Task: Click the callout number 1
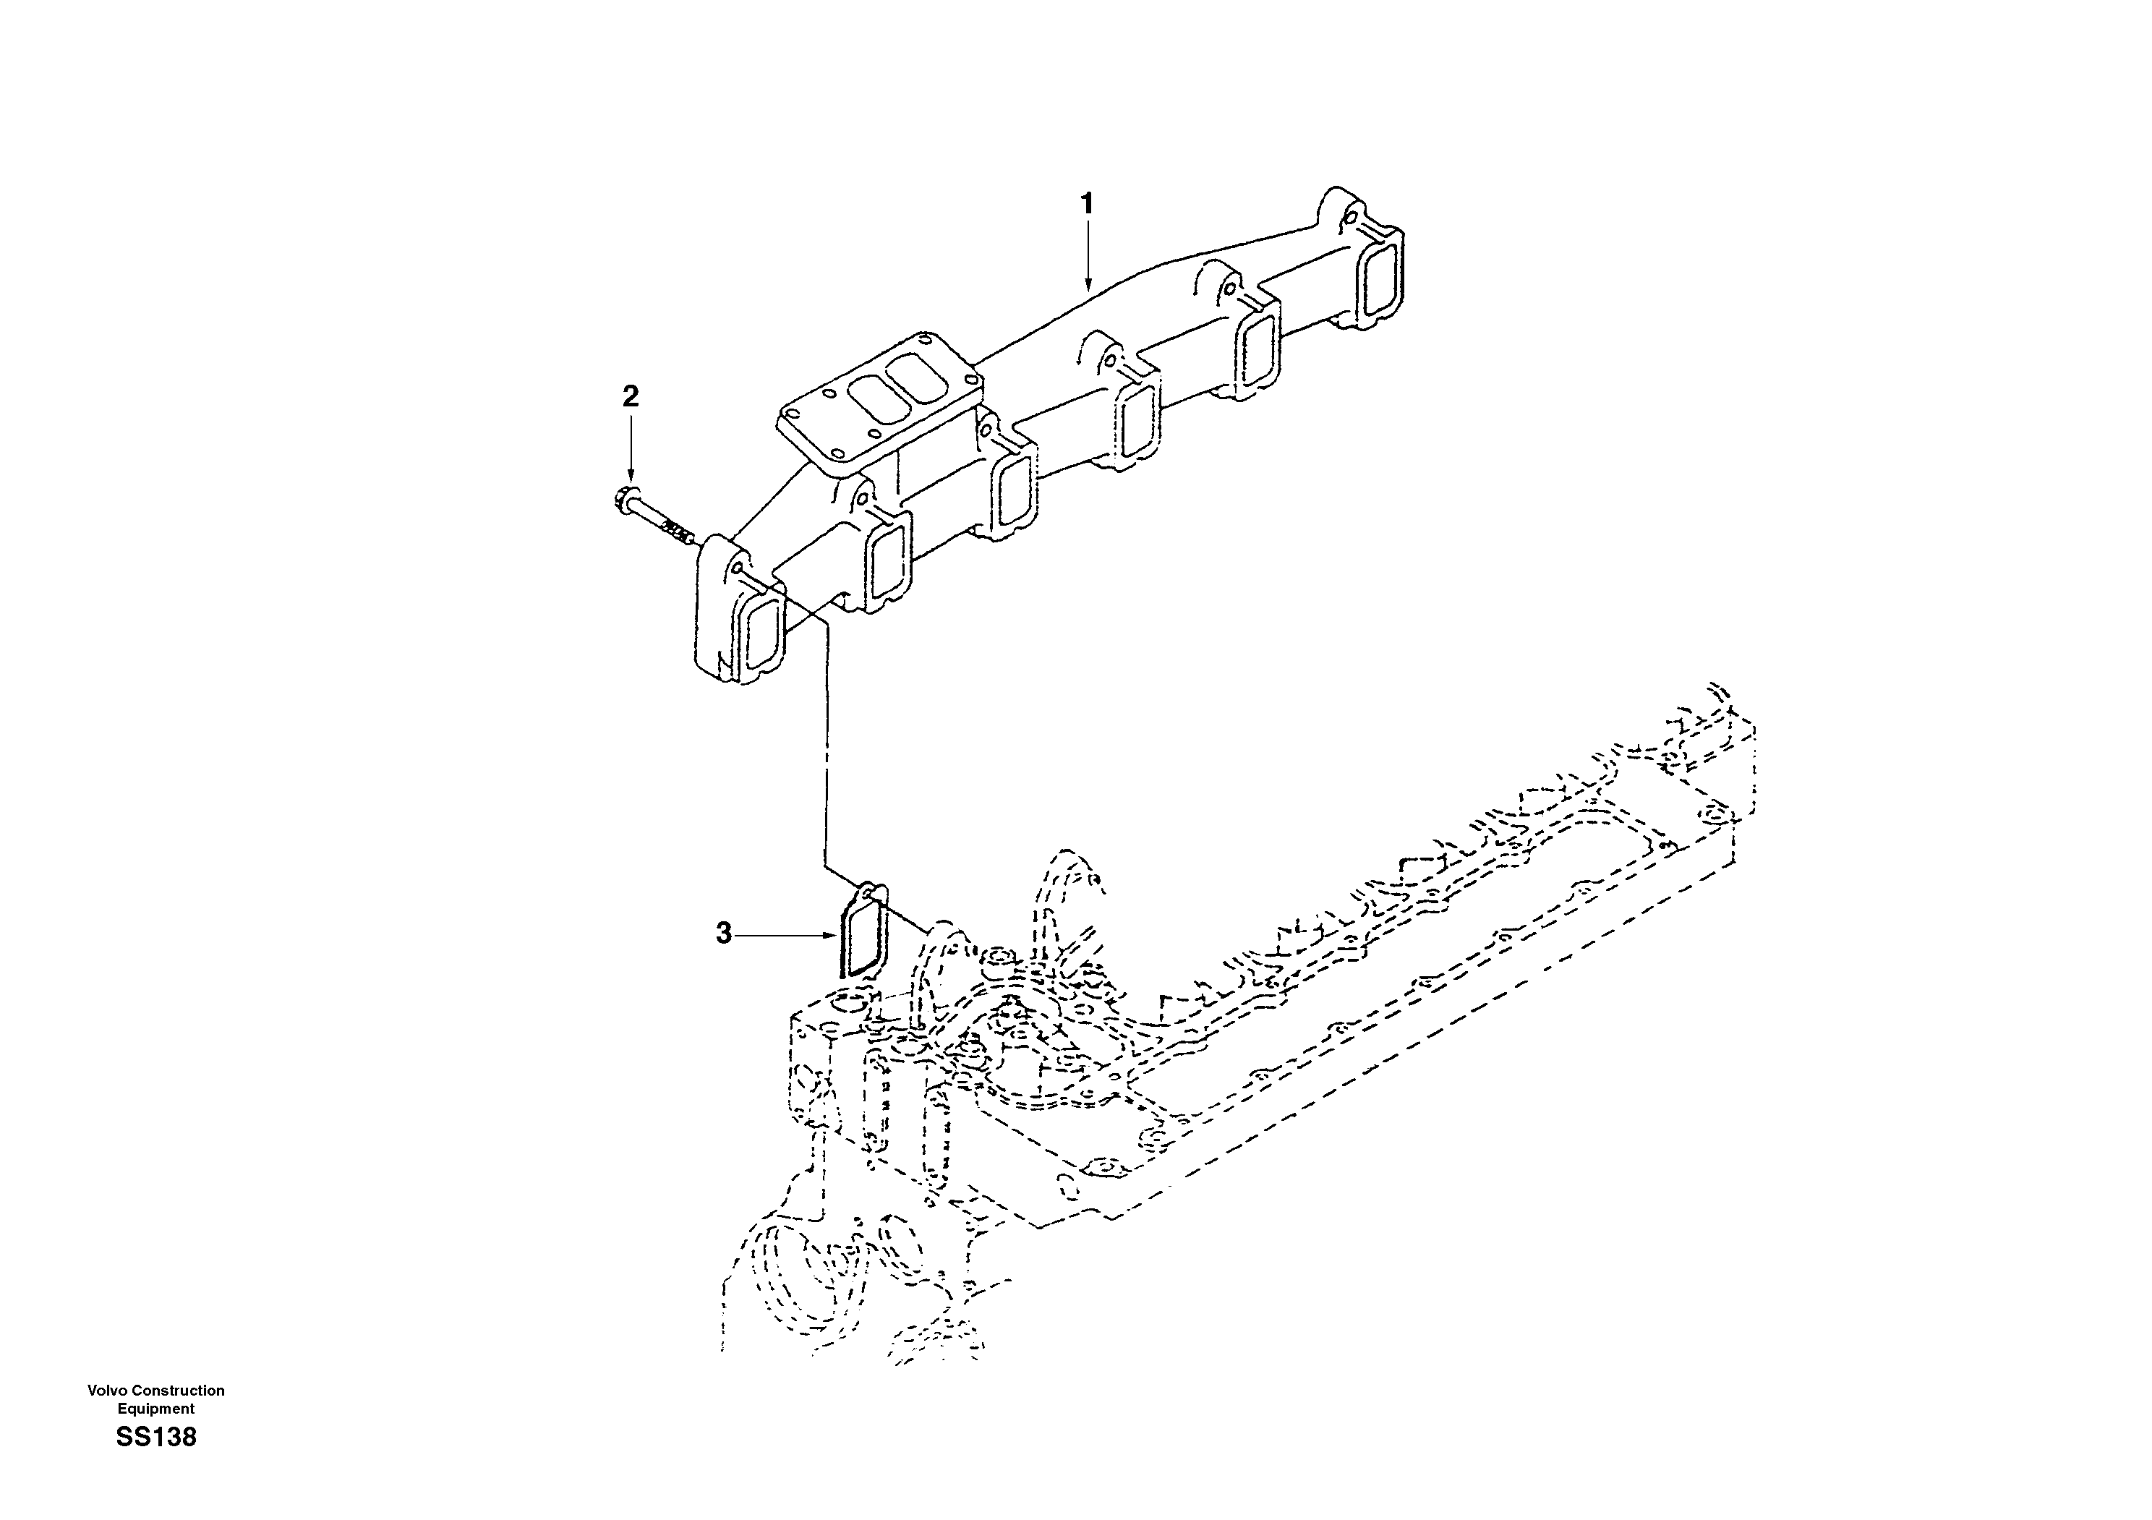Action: pos(1088,203)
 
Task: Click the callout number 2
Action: pos(631,396)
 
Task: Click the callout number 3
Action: pos(724,934)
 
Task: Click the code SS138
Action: pos(156,1438)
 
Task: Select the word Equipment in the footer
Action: pos(155,1409)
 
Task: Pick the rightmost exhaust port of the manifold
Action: pos(1380,279)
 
